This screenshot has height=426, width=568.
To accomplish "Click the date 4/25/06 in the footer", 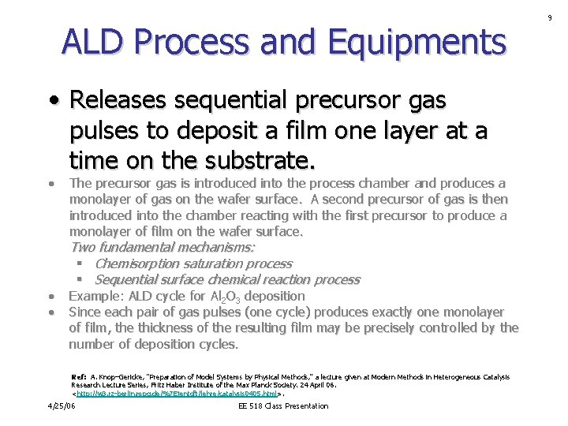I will click(x=61, y=405).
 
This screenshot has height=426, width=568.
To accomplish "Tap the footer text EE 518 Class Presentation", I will click(x=282, y=405).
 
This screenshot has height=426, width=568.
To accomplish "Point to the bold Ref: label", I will click(x=79, y=377).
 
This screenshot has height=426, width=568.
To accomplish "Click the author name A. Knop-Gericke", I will click(x=120, y=377).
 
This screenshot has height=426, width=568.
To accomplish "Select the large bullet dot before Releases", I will click(x=52, y=102).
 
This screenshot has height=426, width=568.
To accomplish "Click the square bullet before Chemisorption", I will click(x=80, y=263).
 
